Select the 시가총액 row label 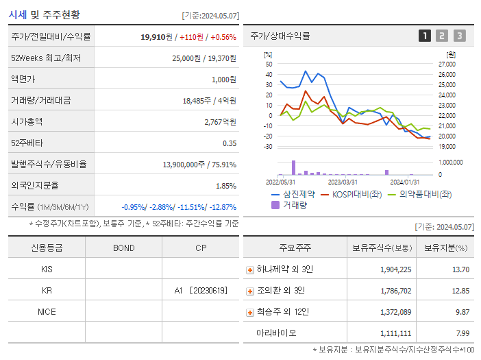click(x=27, y=121)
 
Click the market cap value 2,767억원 click(x=220, y=121)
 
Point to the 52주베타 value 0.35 click(x=230, y=143)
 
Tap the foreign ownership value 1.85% click(x=225, y=185)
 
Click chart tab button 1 click(x=425, y=36)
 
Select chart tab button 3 click(x=459, y=36)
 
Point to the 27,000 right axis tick click(x=446, y=64)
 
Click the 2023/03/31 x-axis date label click(x=343, y=182)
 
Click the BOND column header click(x=123, y=248)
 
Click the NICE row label click(x=47, y=311)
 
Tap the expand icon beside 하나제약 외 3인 click(x=249, y=269)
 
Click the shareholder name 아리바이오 click(x=276, y=333)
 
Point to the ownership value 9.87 click(x=462, y=312)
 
